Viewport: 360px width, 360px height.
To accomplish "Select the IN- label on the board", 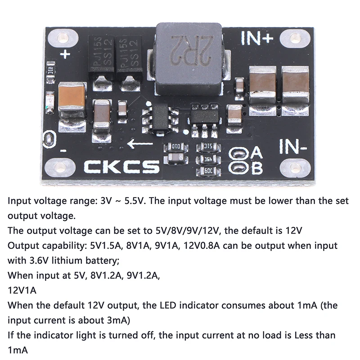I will point(293,146).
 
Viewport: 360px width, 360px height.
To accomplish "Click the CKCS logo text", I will point(122,167).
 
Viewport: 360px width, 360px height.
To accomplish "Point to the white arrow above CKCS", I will point(140,144).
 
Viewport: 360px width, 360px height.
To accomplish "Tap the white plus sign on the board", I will point(66,54).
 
